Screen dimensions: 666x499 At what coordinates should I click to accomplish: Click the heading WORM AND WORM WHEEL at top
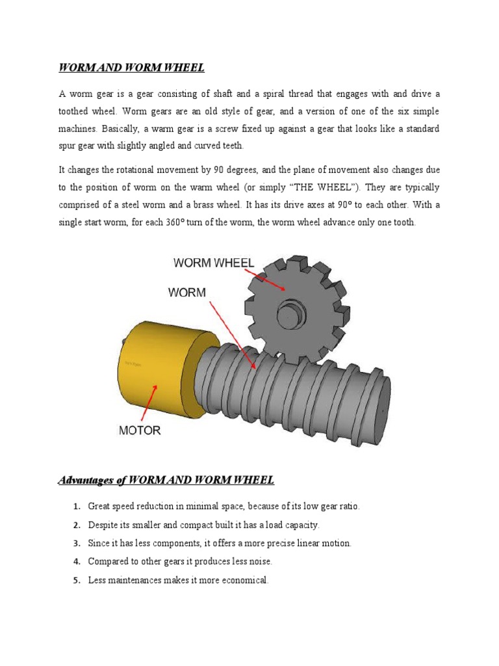[132, 68]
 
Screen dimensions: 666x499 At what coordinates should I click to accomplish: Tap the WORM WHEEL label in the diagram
[214, 263]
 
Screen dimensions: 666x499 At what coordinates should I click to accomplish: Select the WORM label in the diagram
[187, 293]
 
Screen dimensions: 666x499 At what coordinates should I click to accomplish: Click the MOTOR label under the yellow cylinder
[140, 431]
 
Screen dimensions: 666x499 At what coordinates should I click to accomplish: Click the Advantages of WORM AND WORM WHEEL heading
[166, 481]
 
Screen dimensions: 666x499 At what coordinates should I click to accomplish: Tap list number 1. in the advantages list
[77, 507]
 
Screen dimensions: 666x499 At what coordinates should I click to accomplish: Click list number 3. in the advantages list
[77, 543]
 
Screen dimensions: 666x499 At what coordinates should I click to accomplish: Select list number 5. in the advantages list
[77, 580]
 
